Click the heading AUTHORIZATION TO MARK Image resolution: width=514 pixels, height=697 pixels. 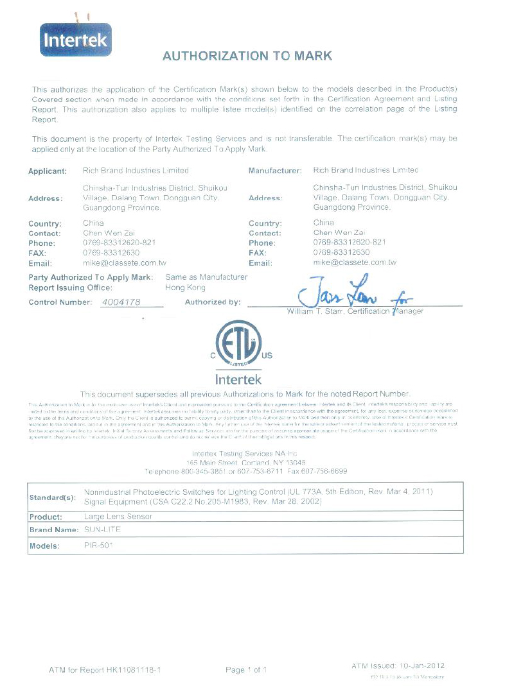pos(247,56)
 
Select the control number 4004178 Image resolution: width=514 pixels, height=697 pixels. pos(121,302)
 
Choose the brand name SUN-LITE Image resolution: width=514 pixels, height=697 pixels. pos(102,530)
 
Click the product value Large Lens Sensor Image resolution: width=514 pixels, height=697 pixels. pos(115,516)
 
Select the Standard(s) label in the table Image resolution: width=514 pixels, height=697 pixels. pos(53,497)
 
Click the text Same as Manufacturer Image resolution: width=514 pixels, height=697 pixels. pos(206,277)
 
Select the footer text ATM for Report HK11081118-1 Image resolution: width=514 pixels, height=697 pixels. pos(104,670)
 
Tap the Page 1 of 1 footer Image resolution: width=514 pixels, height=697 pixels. pos(246,670)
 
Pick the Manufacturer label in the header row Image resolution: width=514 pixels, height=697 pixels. pos(275,171)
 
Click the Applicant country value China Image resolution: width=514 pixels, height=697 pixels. pos(93,223)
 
